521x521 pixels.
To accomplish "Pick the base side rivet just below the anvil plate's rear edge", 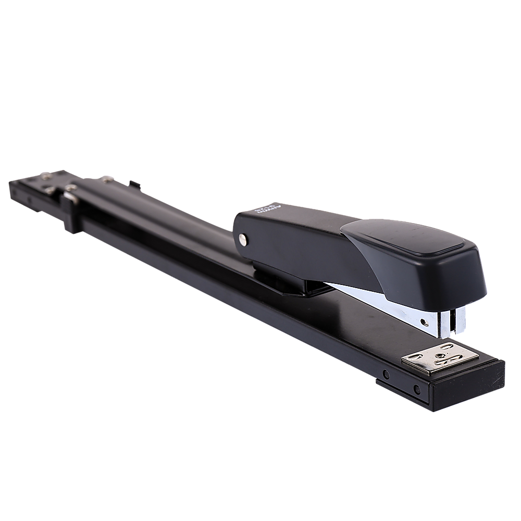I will coord(385,374).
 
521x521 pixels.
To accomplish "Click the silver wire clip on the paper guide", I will coord(69,198).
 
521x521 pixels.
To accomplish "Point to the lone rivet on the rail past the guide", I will coord(107,180).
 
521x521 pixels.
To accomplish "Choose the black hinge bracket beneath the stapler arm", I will coord(292,284).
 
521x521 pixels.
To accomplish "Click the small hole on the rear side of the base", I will coord(30,199).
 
